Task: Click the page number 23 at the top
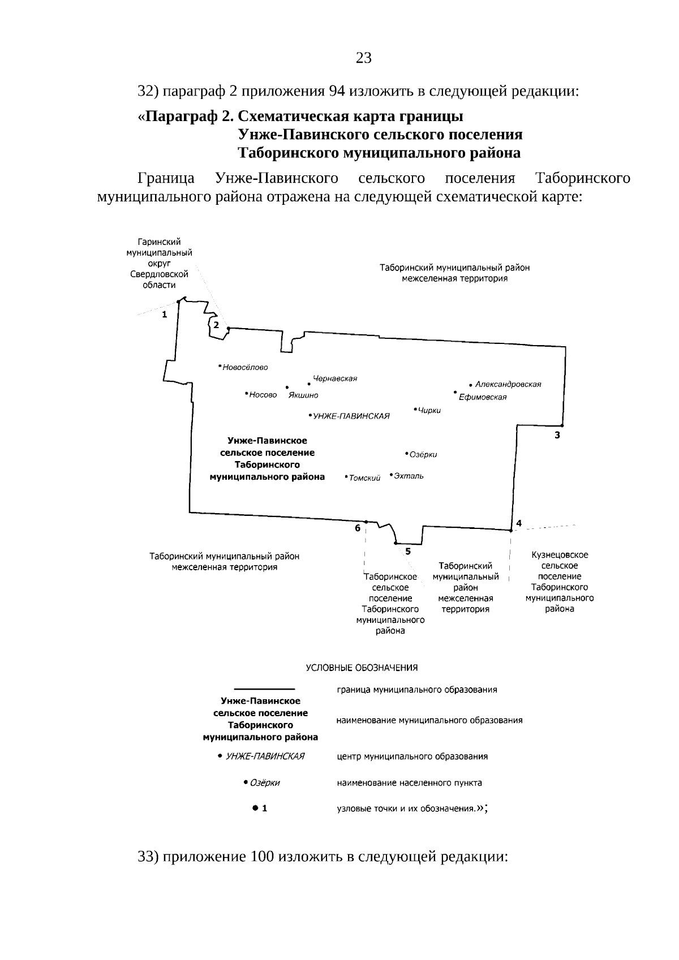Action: click(x=364, y=57)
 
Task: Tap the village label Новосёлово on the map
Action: click(x=245, y=367)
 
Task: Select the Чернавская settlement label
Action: click(x=335, y=378)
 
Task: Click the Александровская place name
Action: click(x=508, y=384)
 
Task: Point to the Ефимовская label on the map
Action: click(x=483, y=397)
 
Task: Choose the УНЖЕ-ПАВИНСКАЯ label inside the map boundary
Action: click(x=351, y=416)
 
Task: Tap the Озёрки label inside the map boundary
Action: click(x=423, y=455)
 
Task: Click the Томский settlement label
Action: click(x=364, y=479)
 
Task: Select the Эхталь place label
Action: click(x=409, y=476)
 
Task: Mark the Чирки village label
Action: click(x=429, y=411)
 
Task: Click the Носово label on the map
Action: click(x=263, y=395)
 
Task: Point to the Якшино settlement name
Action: click(x=303, y=395)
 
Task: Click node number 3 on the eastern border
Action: click(x=557, y=435)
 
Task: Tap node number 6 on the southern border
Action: click(x=358, y=528)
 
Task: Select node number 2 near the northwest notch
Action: click(x=216, y=325)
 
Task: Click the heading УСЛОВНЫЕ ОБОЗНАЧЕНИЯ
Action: click(x=362, y=668)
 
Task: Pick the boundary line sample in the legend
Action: click(x=264, y=688)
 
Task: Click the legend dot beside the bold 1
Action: click(x=255, y=808)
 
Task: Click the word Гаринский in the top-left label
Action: click(x=159, y=242)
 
